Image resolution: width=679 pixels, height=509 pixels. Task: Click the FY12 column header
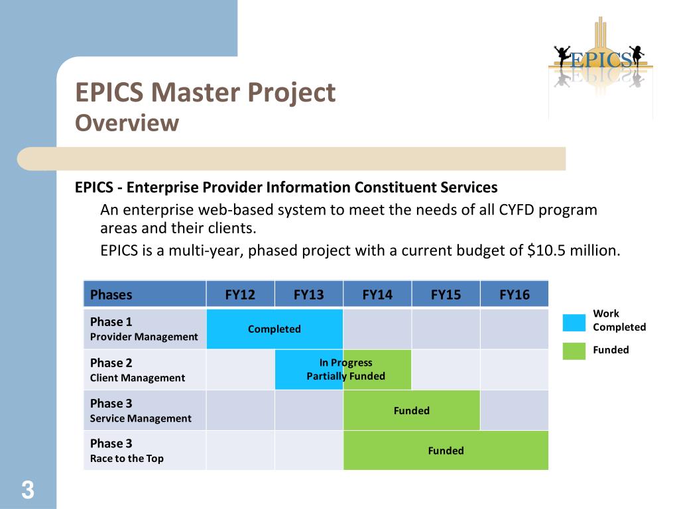click(240, 294)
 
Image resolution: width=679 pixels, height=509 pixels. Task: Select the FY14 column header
click(377, 294)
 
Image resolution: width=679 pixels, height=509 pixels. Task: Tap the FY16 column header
click(515, 294)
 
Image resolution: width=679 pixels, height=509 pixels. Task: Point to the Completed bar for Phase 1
click(275, 329)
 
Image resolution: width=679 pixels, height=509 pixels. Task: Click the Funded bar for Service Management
click(411, 410)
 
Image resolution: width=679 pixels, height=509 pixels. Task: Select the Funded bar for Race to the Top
click(446, 451)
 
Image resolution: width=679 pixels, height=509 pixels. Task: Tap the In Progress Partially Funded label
click(345, 369)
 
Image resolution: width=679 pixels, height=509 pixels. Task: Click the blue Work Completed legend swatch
click(574, 322)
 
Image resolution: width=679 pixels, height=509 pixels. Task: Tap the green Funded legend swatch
click(574, 351)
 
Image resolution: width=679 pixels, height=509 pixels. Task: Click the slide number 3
click(27, 491)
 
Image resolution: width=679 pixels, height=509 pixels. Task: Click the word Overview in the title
click(127, 123)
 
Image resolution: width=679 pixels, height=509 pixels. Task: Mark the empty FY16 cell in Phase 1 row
click(515, 329)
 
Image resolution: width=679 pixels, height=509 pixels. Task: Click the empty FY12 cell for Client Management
click(240, 370)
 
